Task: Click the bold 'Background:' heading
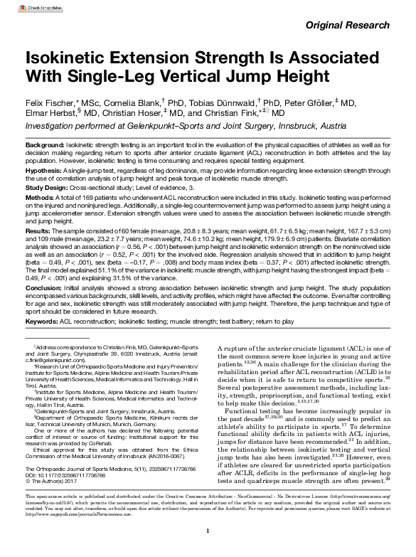(44, 144)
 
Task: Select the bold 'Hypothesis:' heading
(43, 171)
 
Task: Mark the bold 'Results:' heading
(38, 232)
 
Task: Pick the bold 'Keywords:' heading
(42, 322)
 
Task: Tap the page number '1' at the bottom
(208, 530)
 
